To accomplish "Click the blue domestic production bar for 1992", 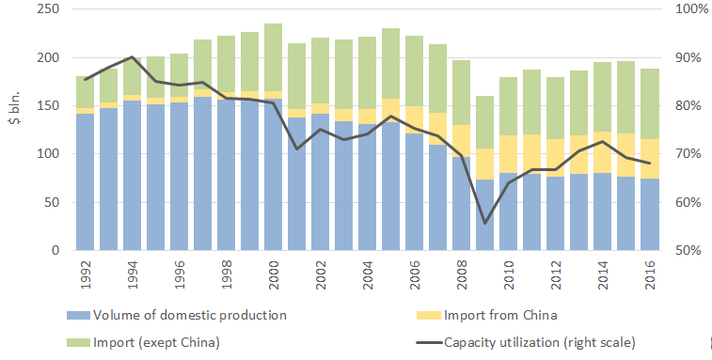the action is (x=85, y=181).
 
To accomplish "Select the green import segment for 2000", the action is (x=273, y=57).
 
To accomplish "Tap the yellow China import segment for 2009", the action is (x=484, y=164).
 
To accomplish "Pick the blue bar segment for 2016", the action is (x=649, y=214).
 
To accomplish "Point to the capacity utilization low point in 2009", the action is (x=484, y=223).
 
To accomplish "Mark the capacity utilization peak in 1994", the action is (x=132, y=56).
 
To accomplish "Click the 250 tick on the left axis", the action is (x=48, y=9).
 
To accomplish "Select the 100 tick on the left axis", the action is (x=48, y=154).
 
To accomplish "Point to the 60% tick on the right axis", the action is (x=688, y=202).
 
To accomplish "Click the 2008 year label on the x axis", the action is (x=462, y=274).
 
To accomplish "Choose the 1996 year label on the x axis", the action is (x=180, y=274).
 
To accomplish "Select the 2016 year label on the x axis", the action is (x=650, y=274).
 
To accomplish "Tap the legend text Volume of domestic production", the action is (x=190, y=315).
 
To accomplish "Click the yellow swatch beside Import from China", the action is (x=429, y=315).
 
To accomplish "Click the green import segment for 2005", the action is (x=390, y=64).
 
